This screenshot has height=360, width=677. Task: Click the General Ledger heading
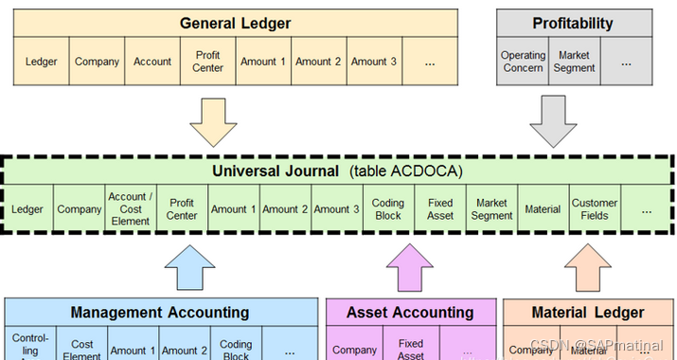(x=235, y=23)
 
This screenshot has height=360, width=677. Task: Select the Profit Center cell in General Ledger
(x=207, y=62)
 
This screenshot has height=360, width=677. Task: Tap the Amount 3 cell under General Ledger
(x=375, y=62)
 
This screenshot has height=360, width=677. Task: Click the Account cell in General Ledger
(x=152, y=62)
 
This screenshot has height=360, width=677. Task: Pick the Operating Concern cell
(x=524, y=62)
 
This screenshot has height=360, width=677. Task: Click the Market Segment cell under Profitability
(x=575, y=62)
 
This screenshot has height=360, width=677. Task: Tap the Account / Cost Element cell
(x=130, y=209)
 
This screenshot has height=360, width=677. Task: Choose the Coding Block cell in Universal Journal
(x=388, y=209)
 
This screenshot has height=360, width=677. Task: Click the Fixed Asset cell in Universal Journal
(x=440, y=209)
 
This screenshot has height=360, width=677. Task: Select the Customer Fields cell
(x=595, y=209)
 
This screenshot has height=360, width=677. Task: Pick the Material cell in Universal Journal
(x=543, y=209)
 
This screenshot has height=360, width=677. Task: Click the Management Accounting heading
(x=160, y=312)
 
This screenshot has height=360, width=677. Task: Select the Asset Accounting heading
(x=410, y=312)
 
